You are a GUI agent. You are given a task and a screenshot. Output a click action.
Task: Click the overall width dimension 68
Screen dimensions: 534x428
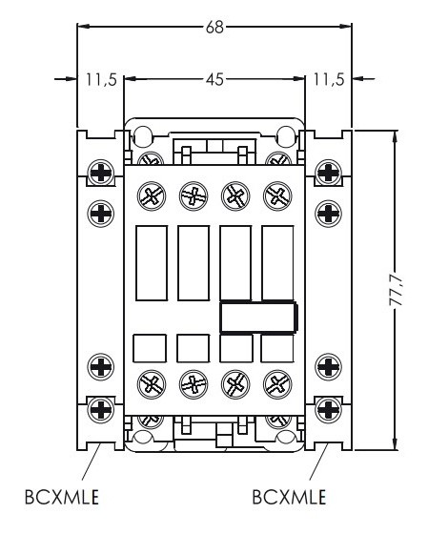coord(214,28)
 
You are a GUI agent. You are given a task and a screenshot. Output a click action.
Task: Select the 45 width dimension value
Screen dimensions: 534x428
coord(214,80)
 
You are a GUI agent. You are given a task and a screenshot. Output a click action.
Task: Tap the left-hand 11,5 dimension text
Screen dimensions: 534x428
coord(100,80)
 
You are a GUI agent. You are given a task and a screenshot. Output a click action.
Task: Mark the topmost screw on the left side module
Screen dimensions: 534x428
coord(100,173)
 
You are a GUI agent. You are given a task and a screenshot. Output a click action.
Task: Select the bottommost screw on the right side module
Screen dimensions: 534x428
coord(328,410)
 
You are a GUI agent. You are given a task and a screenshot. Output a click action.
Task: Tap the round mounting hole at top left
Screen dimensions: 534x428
coord(142,134)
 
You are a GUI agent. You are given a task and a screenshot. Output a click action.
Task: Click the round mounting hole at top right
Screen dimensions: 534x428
coord(286,134)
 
